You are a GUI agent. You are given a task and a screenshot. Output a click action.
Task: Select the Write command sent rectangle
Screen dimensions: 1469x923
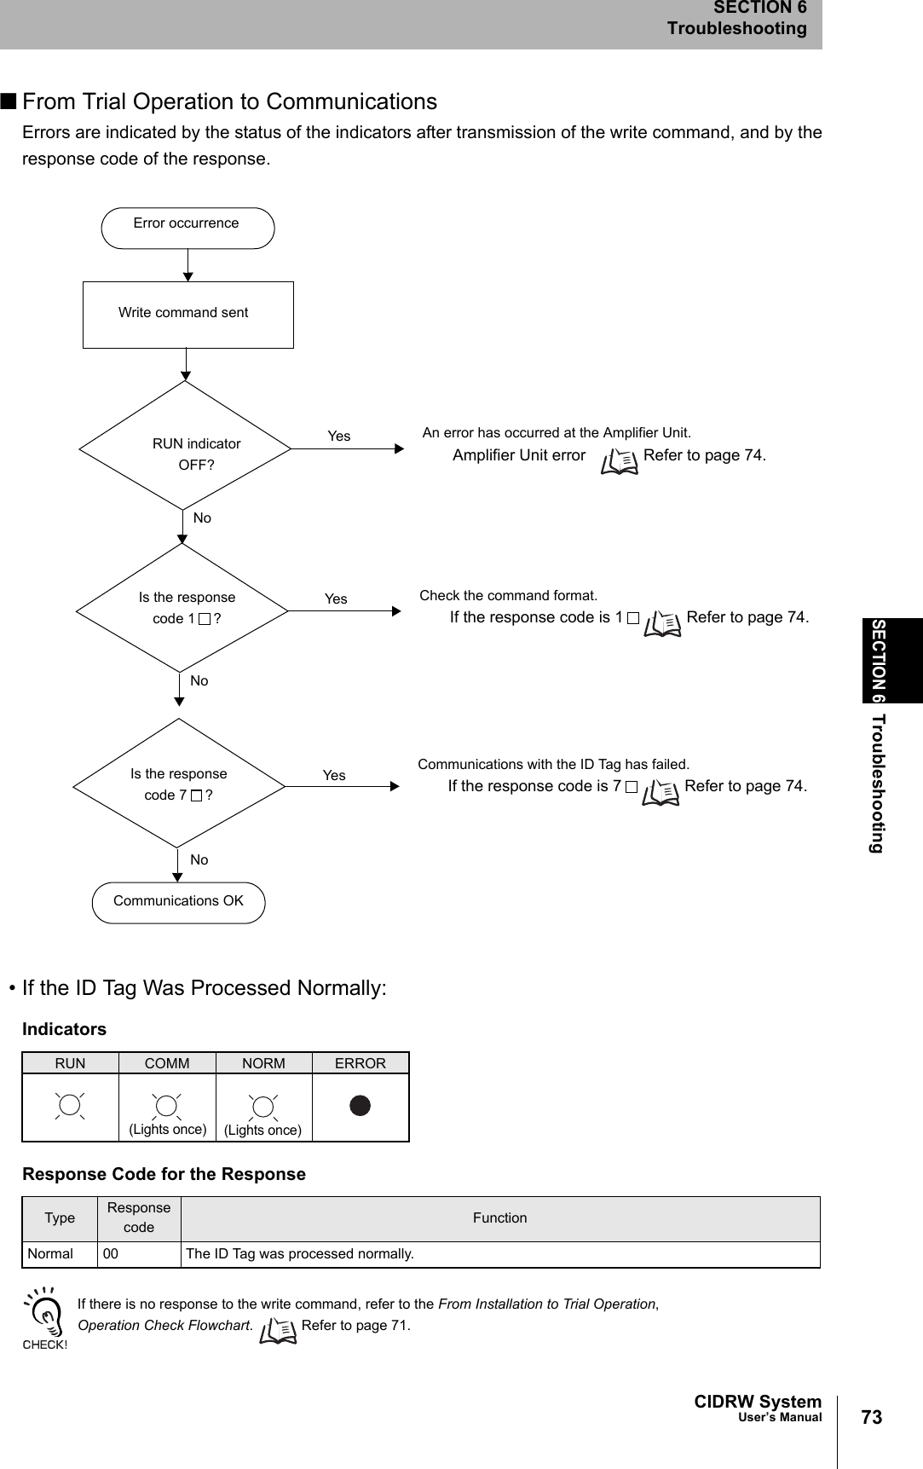(x=187, y=315)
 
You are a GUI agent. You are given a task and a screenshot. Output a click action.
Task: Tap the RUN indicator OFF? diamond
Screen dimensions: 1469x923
(x=186, y=446)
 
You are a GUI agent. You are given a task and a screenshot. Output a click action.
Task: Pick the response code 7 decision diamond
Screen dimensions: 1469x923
(x=179, y=784)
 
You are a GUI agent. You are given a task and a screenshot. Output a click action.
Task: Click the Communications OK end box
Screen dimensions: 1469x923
(x=178, y=902)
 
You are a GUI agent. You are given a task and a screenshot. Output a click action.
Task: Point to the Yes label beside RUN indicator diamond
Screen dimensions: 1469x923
(x=339, y=437)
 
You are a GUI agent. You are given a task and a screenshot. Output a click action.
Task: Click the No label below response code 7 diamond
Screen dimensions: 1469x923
(x=199, y=859)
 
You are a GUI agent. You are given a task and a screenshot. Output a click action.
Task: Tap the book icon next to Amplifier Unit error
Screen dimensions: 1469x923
(x=620, y=461)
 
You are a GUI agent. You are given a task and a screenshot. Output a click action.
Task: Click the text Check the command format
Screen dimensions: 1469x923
(x=509, y=595)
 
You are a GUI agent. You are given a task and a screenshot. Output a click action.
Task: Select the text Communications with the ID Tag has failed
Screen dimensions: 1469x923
(x=553, y=764)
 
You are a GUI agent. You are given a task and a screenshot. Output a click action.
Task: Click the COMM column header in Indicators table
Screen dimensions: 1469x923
(x=167, y=1063)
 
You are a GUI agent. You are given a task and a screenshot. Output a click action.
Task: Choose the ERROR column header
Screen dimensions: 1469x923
(x=360, y=1063)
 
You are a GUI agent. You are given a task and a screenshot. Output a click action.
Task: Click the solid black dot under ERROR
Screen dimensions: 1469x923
(x=361, y=1106)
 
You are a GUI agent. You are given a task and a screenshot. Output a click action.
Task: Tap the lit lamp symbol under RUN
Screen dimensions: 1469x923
(x=70, y=1106)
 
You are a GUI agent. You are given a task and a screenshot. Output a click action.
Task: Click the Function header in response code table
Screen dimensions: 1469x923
(x=499, y=1218)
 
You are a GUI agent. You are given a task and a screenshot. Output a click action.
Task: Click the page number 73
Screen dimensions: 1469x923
(x=871, y=1417)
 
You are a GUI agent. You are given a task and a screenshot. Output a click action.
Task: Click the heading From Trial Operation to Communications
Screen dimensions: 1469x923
(x=229, y=101)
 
